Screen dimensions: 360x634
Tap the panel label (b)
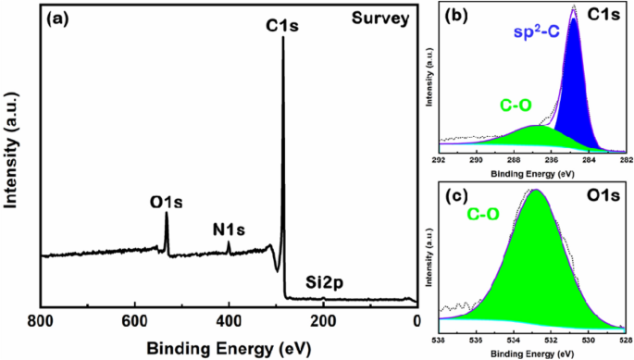coord(453,15)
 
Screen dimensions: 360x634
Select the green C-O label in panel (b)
coord(492,107)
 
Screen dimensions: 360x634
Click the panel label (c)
coord(453,197)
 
